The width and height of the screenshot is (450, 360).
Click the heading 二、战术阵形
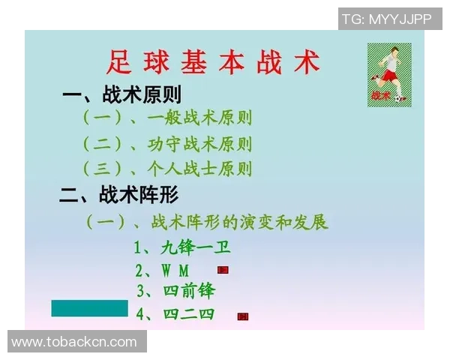[x=118, y=196]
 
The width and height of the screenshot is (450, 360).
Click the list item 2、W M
[x=163, y=270]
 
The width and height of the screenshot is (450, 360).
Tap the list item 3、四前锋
[x=175, y=291]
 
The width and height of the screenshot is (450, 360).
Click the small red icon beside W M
[x=223, y=269]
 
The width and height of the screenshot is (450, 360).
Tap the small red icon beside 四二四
[x=242, y=316]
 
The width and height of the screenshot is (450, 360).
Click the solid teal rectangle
[x=89, y=308]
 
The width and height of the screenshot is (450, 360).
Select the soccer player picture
[x=389, y=73]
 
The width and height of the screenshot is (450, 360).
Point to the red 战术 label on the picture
[x=380, y=96]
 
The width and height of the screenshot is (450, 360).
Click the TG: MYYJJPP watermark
[x=386, y=19]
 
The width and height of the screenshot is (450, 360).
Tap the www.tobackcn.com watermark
[x=74, y=342]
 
